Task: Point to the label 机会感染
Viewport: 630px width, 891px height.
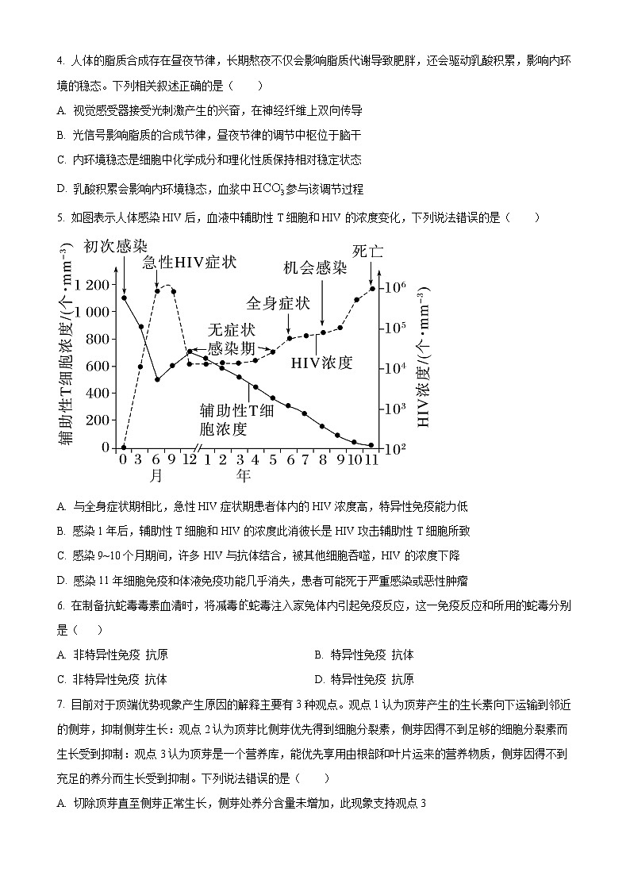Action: (x=315, y=268)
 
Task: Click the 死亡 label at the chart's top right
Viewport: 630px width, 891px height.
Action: (x=367, y=251)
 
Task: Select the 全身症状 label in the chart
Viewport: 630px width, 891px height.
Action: (x=278, y=303)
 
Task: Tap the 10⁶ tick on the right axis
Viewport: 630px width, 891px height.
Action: (x=394, y=287)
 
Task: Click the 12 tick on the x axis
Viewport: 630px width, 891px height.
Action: (x=190, y=459)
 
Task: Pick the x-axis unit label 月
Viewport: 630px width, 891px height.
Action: (x=156, y=476)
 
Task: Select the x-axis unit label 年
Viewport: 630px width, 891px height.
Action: (x=243, y=476)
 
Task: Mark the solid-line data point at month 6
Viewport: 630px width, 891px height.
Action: (x=157, y=379)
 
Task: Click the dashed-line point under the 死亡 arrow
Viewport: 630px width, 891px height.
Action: (x=372, y=288)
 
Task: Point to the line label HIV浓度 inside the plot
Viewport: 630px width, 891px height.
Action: (x=321, y=363)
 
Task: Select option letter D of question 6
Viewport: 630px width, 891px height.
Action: (x=318, y=679)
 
